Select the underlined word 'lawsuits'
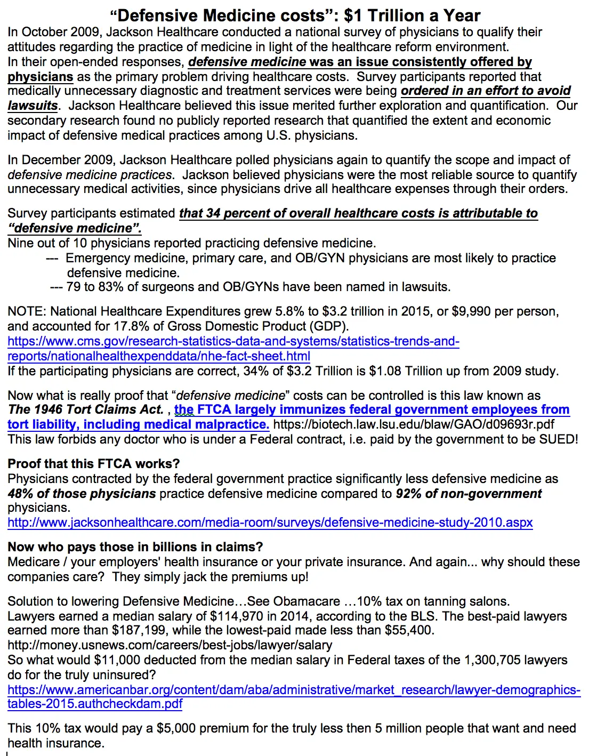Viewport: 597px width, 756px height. [33, 106]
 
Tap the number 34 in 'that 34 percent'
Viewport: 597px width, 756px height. [213, 213]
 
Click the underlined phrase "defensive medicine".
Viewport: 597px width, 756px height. [75, 228]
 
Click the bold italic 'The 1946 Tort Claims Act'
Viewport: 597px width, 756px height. [85, 409]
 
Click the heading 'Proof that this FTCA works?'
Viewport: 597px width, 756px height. [94, 464]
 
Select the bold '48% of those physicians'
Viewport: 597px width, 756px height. [82, 494]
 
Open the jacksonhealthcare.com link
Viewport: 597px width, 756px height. [270, 522]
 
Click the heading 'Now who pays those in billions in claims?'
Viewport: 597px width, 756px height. [135, 547]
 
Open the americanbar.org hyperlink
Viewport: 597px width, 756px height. [294, 690]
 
